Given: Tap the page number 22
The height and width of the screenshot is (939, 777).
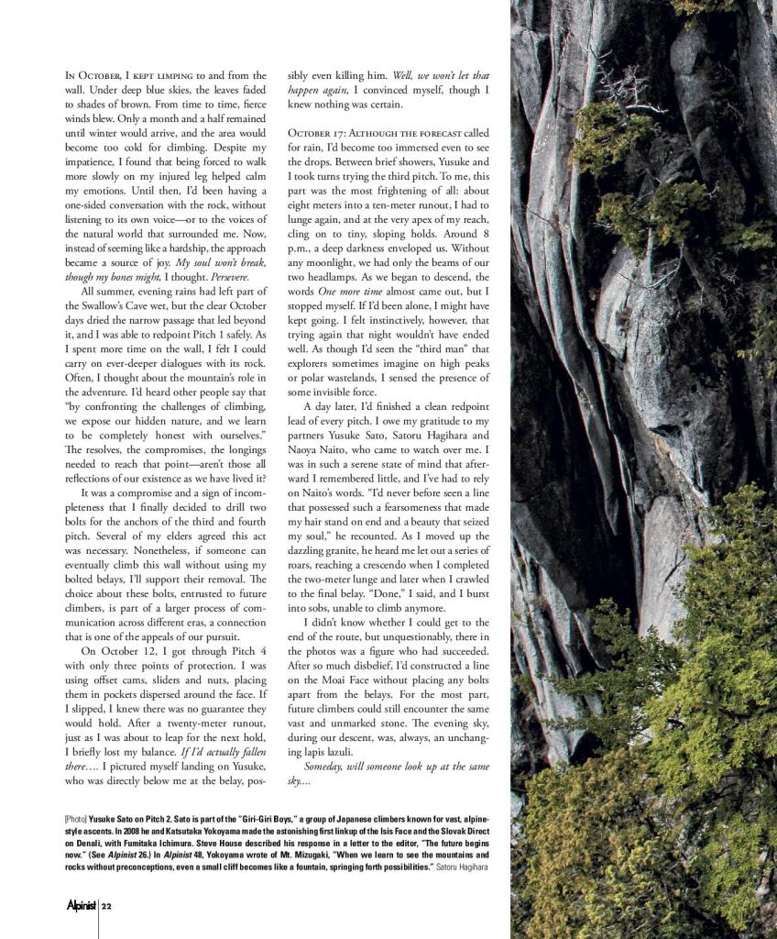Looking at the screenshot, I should pos(107,906).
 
